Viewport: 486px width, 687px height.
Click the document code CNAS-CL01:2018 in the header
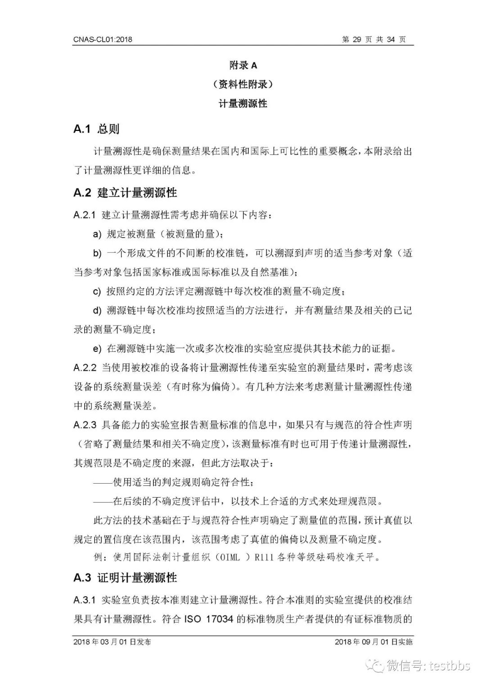[x=103, y=40]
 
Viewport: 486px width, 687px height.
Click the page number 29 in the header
[x=357, y=40]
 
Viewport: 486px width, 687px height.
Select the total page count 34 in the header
[x=391, y=40]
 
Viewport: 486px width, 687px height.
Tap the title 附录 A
[x=243, y=66]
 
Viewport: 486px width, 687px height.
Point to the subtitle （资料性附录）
[x=243, y=85]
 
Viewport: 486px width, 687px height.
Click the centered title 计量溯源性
[x=243, y=104]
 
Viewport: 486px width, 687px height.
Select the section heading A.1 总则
[x=96, y=129]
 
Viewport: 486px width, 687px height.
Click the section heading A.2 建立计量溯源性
[x=125, y=193]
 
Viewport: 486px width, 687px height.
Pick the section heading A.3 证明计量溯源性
[x=125, y=578]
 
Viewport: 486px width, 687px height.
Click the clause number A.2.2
[x=85, y=368]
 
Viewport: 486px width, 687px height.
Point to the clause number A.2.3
[x=85, y=425]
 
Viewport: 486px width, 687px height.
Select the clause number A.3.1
[x=85, y=600]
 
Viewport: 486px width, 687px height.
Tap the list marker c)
[x=97, y=292]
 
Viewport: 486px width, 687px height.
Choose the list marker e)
[x=97, y=349]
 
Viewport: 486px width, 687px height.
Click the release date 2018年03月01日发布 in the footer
[x=112, y=642]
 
